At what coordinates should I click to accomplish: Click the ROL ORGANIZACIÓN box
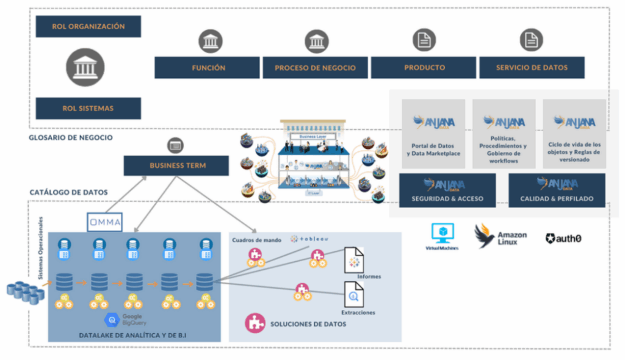89,26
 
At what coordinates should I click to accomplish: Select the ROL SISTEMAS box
89,108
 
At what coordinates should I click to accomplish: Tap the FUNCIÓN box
208,68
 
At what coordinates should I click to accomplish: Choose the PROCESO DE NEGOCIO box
314,68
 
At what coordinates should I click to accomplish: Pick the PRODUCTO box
424,68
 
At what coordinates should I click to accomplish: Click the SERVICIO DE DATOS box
532,68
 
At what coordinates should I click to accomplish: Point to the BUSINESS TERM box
176,165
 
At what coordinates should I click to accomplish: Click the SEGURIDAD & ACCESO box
447,190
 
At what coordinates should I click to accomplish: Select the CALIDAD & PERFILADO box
557,190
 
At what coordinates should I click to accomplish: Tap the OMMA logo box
104,221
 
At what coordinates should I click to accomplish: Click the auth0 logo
563,239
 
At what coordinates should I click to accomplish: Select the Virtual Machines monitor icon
442,232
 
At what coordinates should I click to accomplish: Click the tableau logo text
309,239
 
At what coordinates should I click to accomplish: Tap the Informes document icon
354,261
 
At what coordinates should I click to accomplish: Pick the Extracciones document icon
353,295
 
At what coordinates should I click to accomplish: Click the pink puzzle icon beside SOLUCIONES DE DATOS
255,323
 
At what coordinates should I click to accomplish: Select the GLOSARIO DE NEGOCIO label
71,138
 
